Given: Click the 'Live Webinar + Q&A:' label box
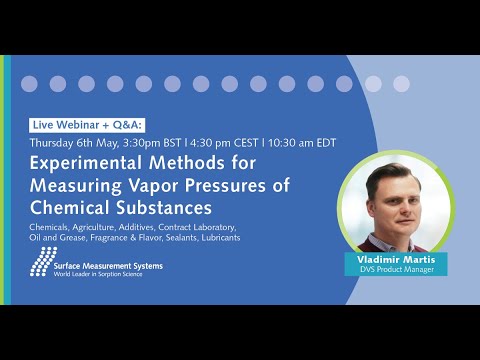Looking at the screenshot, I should [87, 124].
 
